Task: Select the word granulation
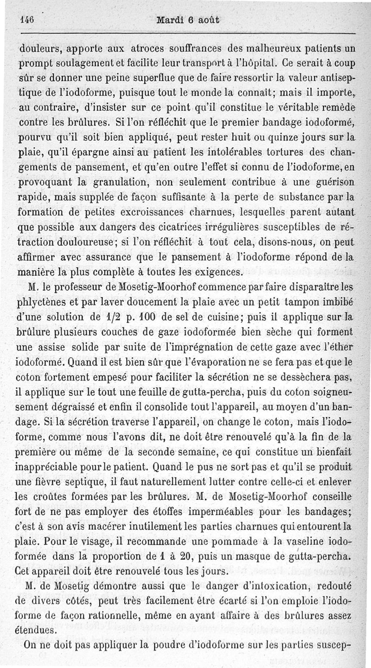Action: [122, 182]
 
